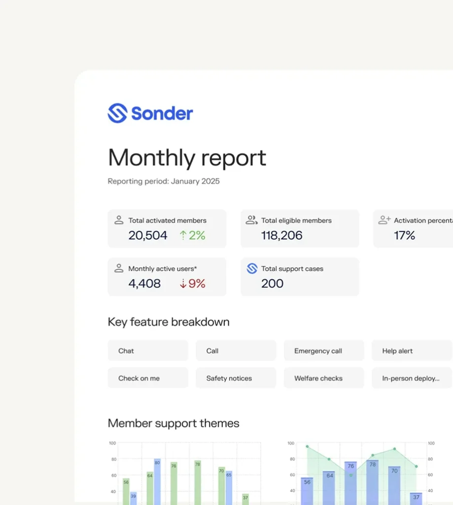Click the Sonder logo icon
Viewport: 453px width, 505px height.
[117, 113]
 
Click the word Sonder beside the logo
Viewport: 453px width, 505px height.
[162, 113]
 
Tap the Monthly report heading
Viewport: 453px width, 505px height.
[187, 158]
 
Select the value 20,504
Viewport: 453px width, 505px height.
[148, 236]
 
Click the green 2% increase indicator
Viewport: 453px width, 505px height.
[192, 236]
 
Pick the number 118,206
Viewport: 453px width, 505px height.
[281, 236]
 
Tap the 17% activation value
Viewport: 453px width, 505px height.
[404, 236]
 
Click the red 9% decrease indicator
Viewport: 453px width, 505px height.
[192, 284]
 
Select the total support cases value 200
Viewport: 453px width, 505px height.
[272, 284]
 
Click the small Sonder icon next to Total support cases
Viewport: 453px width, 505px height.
[252, 269]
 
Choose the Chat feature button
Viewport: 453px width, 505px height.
[147, 351]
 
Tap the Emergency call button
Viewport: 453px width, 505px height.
[324, 351]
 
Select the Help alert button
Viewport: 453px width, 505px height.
[412, 351]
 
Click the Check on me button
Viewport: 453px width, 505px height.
[147, 378]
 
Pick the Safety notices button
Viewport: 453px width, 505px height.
[236, 378]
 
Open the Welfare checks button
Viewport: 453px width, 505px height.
[324, 378]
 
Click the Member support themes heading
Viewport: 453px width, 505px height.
[174, 423]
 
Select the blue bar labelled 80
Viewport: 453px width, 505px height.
[157, 481]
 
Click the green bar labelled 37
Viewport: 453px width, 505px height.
[245, 499]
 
